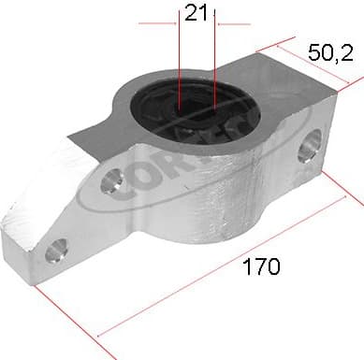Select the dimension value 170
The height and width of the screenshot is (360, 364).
click(x=261, y=267)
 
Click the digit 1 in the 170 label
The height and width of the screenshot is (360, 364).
click(x=247, y=267)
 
